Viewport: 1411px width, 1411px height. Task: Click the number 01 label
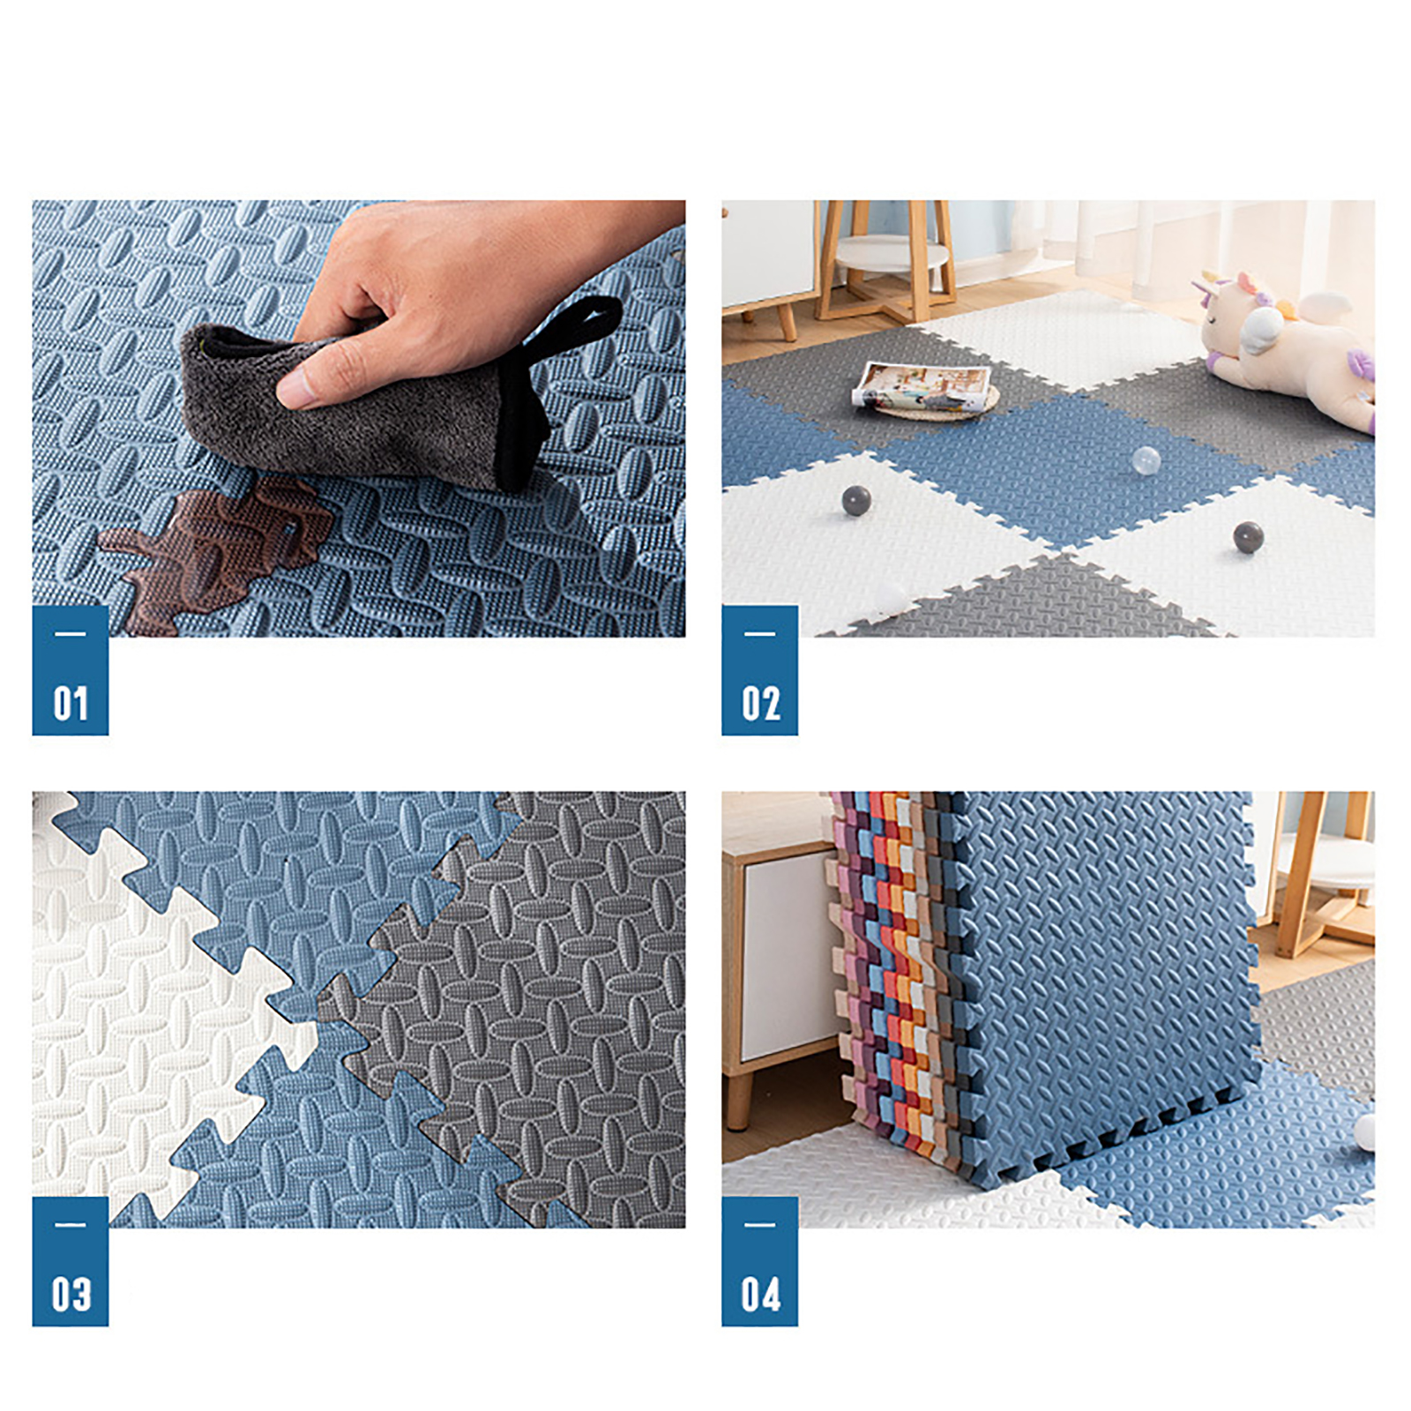tap(71, 704)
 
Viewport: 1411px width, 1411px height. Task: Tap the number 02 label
tap(760, 704)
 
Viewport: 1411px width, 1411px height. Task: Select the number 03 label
tap(71, 1295)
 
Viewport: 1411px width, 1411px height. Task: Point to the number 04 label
tap(760, 1295)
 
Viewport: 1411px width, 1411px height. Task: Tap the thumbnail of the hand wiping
tap(359, 419)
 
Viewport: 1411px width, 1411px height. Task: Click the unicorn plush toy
tap(1283, 348)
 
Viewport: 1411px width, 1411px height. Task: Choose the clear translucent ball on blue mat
tap(1146, 460)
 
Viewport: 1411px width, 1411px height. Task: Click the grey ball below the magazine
tap(856, 500)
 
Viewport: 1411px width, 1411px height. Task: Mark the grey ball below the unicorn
tap(1248, 536)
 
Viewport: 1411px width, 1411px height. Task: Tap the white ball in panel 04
tap(1365, 1131)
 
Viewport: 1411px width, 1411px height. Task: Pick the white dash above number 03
tap(70, 1225)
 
